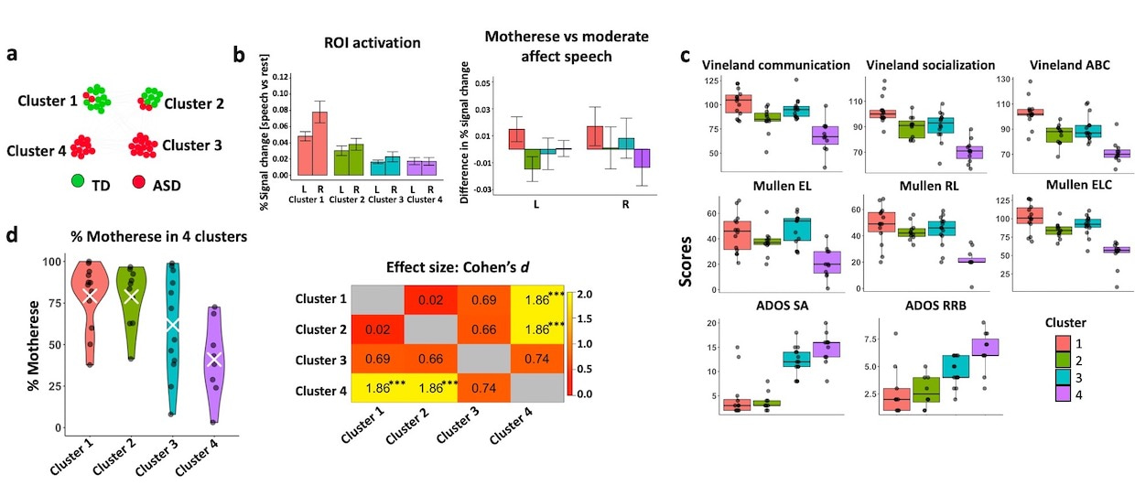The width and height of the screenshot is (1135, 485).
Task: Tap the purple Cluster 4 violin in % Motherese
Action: (x=212, y=357)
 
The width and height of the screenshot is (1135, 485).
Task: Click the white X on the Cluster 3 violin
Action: (x=172, y=324)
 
